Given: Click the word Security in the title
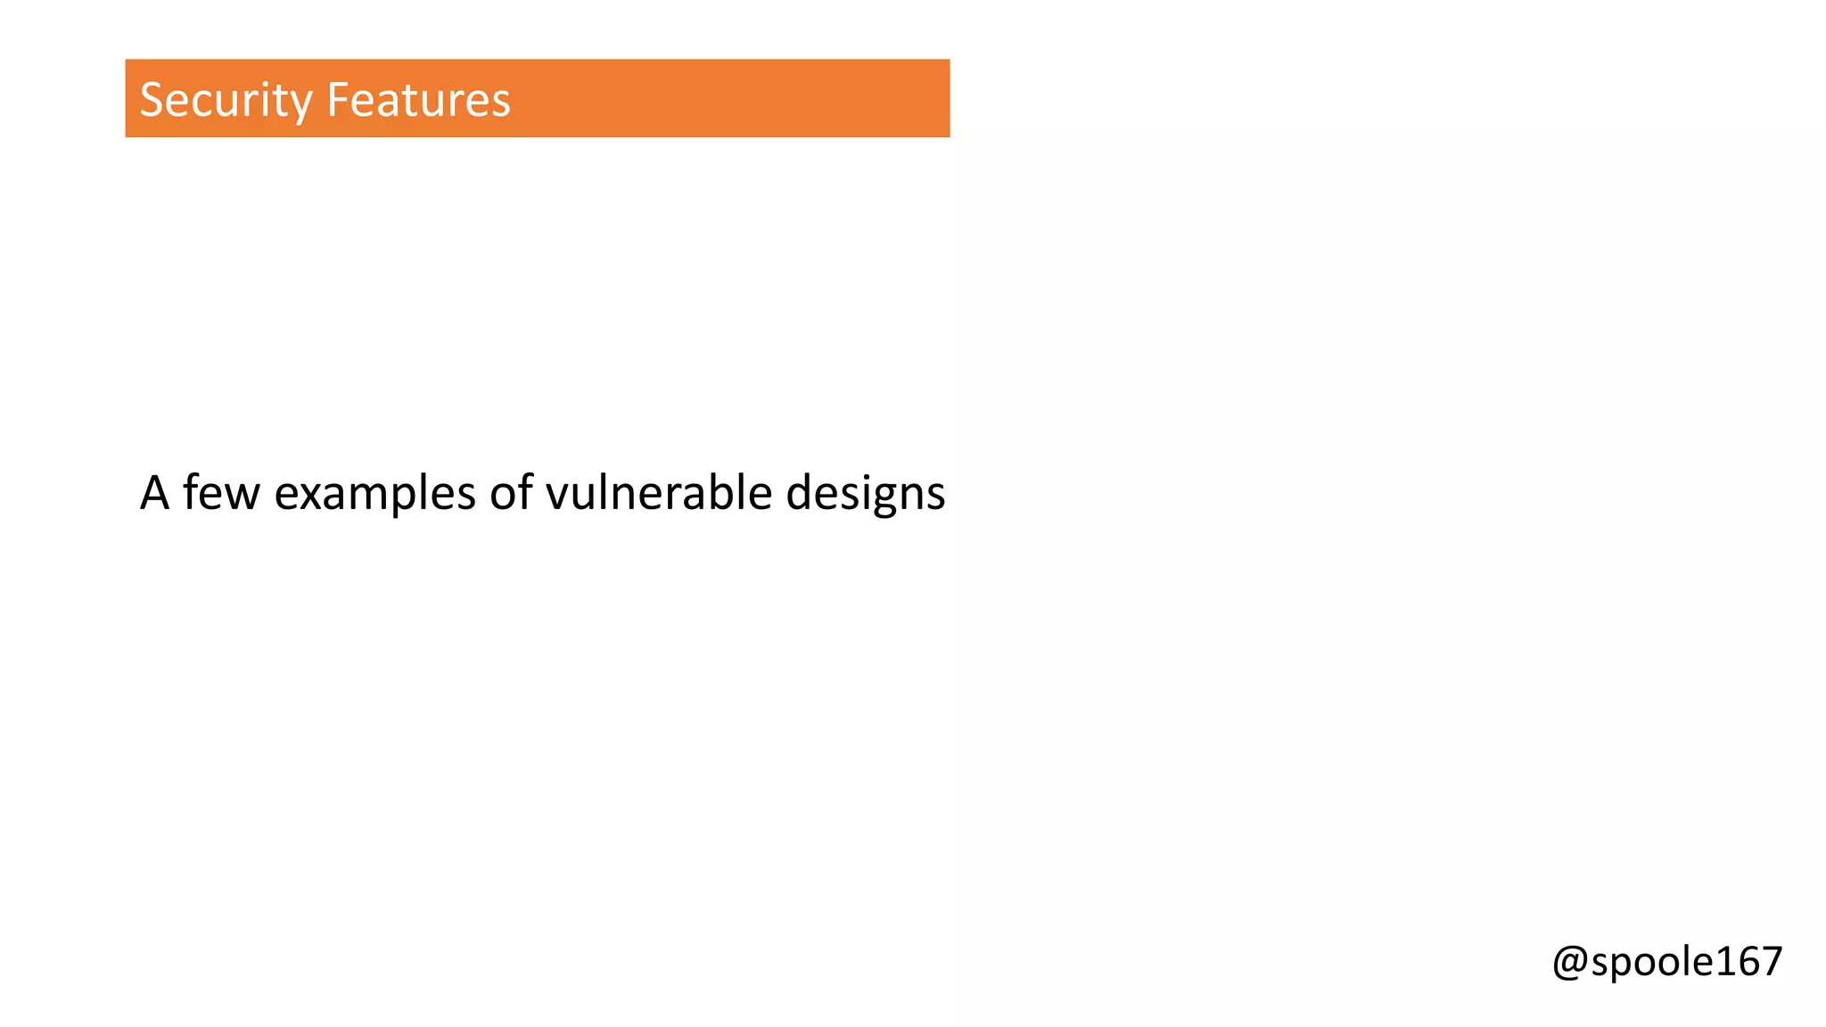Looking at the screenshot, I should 226,100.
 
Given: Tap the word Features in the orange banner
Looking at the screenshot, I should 418,100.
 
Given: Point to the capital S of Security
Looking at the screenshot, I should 152,100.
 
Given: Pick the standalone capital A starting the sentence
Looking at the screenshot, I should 154,493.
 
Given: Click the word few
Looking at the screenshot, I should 221,493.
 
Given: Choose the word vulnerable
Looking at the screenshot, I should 658,493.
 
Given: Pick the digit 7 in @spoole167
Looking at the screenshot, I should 1770,961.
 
